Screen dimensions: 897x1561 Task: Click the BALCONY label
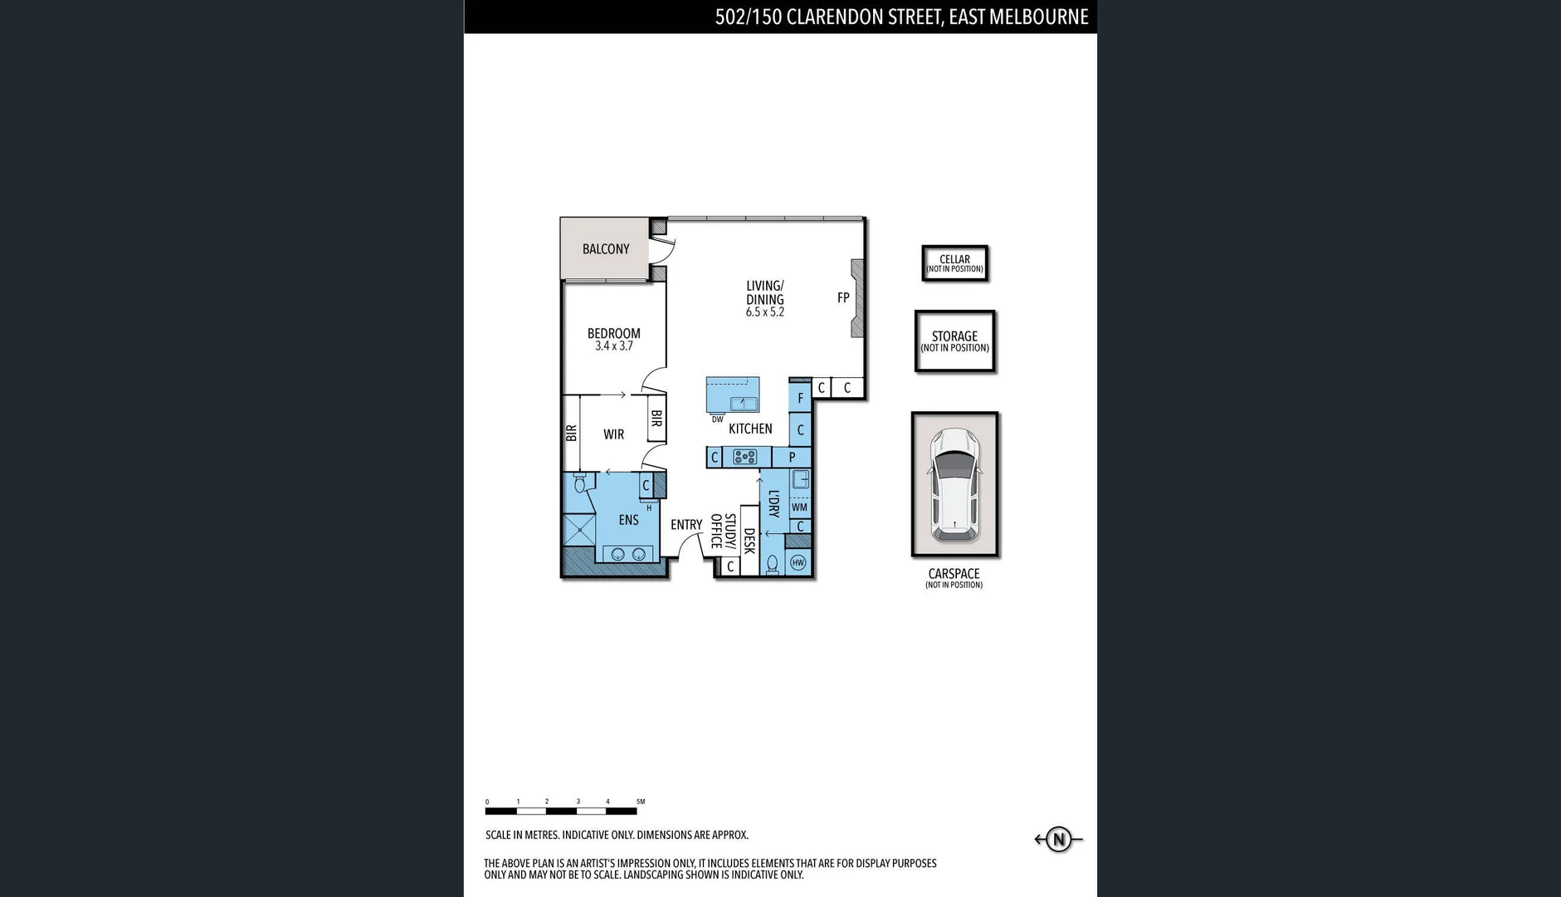pyautogui.click(x=605, y=249)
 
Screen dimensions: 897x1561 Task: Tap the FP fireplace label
pyautogui.click(x=842, y=298)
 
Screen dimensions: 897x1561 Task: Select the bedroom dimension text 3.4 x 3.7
pyautogui.click(x=613, y=346)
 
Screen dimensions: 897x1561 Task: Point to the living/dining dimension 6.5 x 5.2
pyautogui.click(x=764, y=312)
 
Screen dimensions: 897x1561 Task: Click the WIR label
pyautogui.click(x=613, y=434)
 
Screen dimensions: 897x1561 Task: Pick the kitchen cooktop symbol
pyautogui.click(x=745, y=457)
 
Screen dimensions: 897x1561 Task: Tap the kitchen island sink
pyautogui.click(x=744, y=404)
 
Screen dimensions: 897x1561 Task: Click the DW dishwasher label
pyautogui.click(x=717, y=419)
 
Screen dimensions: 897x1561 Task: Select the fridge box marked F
pyautogui.click(x=800, y=399)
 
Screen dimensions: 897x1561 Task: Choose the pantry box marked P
pyautogui.click(x=792, y=457)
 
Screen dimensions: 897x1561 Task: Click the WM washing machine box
pyautogui.click(x=799, y=507)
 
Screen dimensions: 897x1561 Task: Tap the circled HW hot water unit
pyautogui.click(x=798, y=563)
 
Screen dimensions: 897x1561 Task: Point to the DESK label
pyautogui.click(x=749, y=541)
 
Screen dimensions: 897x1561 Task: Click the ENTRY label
pyautogui.click(x=686, y=525)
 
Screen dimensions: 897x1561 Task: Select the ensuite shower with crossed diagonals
pyautogui.click(x=578, y=530)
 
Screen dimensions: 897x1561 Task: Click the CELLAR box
pyautogui.click(x=954, y=263)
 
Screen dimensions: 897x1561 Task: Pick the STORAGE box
pyautogui.click(x=954, y=341)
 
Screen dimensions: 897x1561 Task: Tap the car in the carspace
pyautogui.click(x=954, y=485)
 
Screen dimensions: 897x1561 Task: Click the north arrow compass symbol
pyautogui.click(x=1058, y=840)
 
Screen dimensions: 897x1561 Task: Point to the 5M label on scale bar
pyautogui.click(x=641, y=801)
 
